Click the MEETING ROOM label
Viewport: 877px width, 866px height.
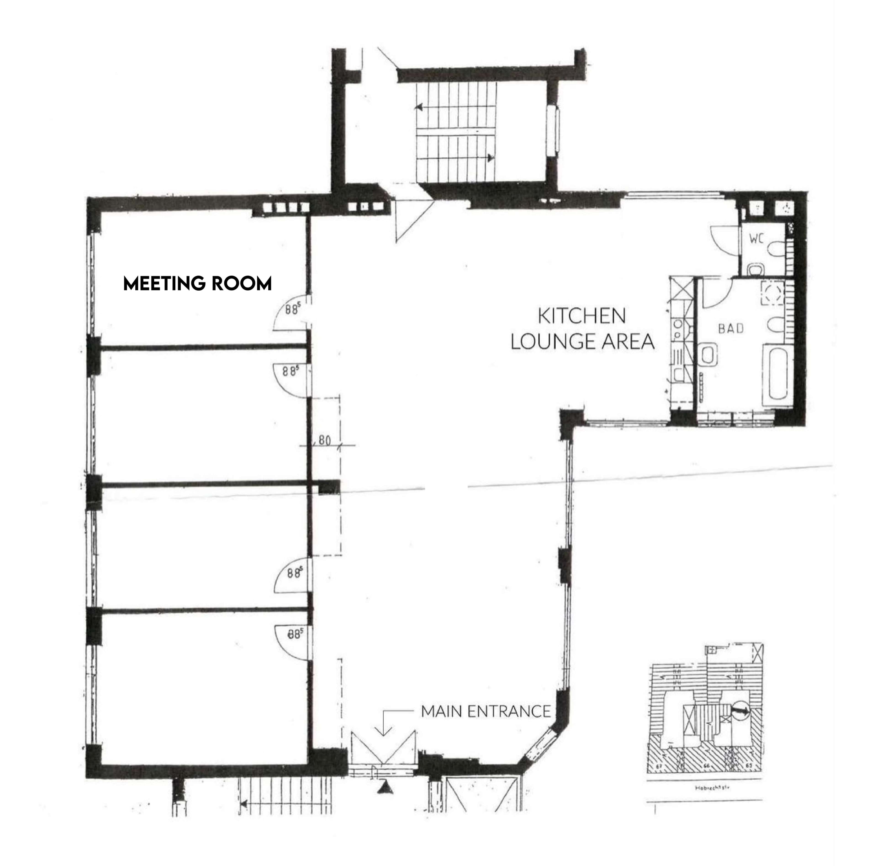point(198,283)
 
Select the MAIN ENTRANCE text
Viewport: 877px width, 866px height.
point(486,711)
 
